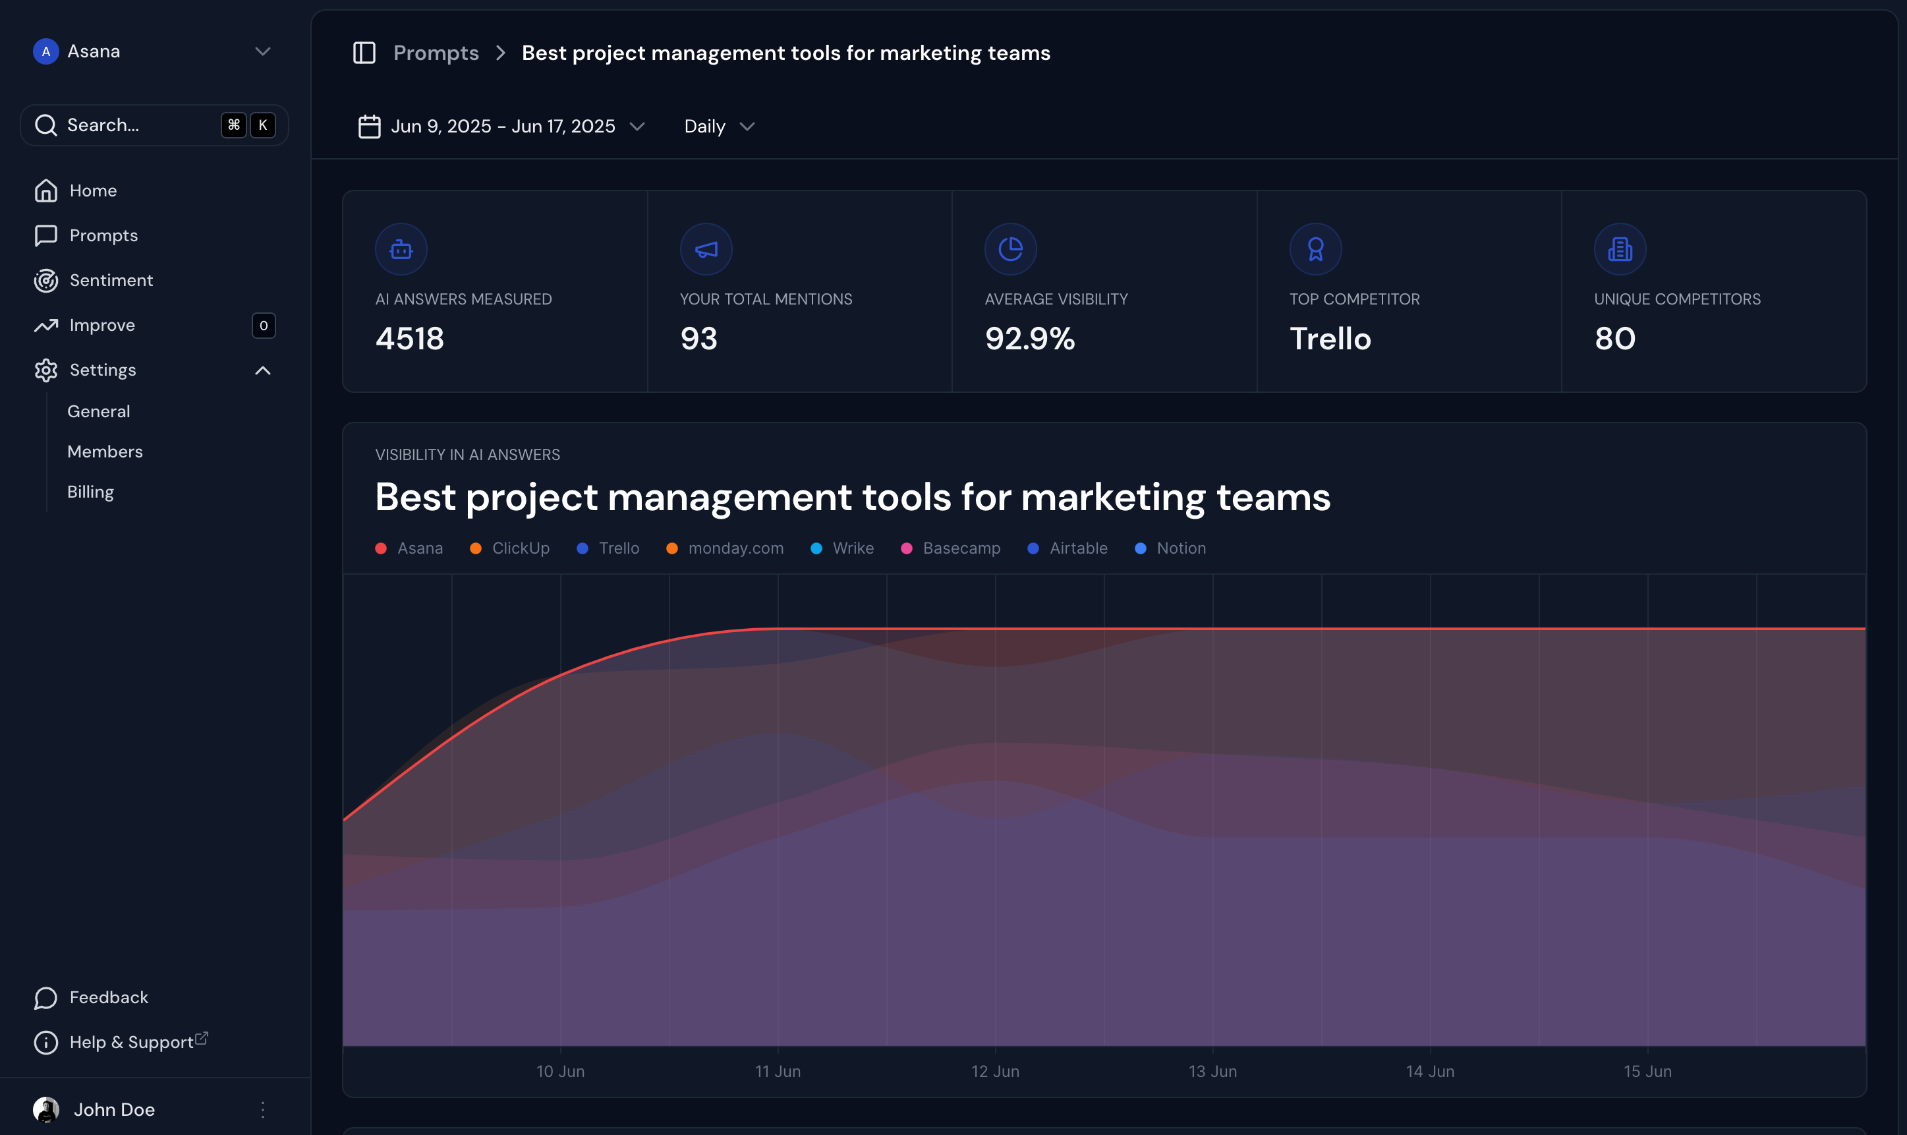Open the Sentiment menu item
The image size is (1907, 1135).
(111, 281)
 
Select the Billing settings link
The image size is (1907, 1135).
(90, 492)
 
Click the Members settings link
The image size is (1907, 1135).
(105, 451)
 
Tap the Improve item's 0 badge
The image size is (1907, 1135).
(263, 326)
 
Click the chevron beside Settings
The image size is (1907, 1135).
(262, 371)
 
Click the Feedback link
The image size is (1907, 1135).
(109, 997)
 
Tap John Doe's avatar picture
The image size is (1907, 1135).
(46, 1109)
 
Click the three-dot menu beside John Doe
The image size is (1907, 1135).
(262, 1110)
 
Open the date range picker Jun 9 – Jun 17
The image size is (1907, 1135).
(501, 126)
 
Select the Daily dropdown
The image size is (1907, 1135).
(719, 126)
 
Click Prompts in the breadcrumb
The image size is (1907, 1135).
(436, 53)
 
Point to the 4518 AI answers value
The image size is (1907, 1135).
(409, 339)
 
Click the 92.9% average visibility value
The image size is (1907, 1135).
(1029, 339)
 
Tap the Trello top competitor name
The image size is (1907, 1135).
(1330, 339)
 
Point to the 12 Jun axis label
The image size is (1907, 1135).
(995, 1072)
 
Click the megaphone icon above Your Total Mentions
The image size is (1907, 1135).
(706, 249)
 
